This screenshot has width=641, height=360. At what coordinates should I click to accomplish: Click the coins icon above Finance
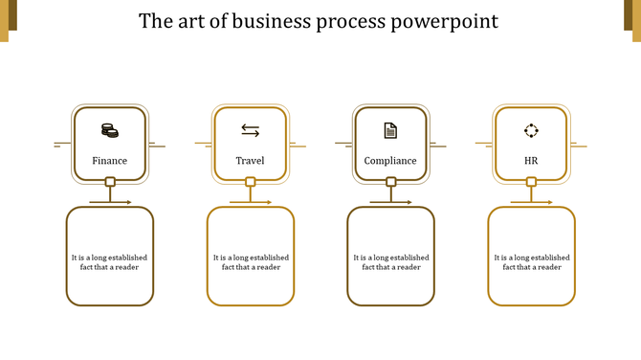click(x=109, y=130)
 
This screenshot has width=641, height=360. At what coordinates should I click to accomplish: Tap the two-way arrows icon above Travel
click(x=250, y=130)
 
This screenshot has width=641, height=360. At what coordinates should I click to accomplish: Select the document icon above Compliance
click(x=390, y=130)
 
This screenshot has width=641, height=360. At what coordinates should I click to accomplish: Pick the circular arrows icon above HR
click(x=531, y=130)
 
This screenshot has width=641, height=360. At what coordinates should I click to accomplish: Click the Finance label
click(x=109, y=161)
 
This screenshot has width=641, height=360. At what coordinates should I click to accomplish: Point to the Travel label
click(x=250, y=161)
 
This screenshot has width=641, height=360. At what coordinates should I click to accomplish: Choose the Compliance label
click(x=390, y=161)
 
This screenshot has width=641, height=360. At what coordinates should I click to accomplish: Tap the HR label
click(x=531, y=161)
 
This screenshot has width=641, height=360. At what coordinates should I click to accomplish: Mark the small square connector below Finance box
click(x=110, y=182)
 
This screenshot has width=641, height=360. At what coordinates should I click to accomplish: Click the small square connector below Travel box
click(x=251, y=182)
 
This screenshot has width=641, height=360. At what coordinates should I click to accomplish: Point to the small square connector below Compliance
click(x=391, y=182)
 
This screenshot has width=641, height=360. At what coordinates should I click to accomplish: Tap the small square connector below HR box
click(x=532, y=182)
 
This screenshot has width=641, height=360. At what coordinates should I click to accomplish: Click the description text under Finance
click(x=109, y=262)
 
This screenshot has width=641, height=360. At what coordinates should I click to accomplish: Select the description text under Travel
click(x=251, y=262)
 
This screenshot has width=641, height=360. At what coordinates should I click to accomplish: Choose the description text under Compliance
click(x=391, y=262)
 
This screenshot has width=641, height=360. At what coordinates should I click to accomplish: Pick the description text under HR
click(x=532, y=262)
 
